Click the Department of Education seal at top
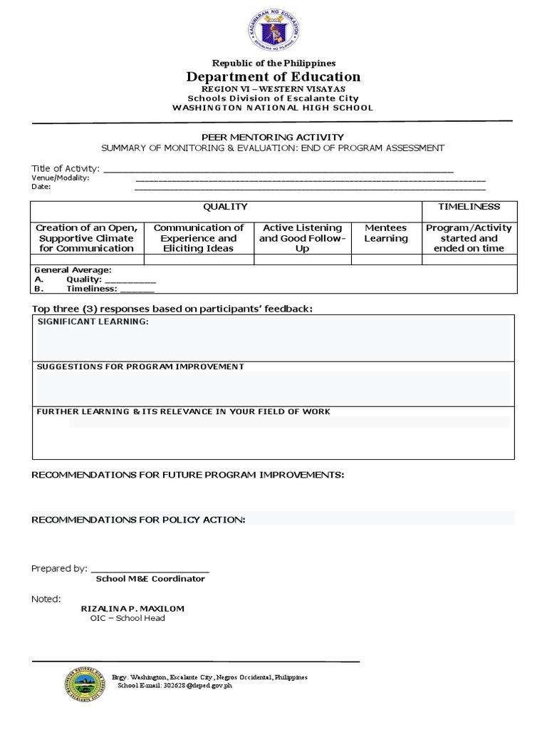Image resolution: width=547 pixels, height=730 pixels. click(x=273, y=30)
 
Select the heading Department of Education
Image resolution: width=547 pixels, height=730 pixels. click(x=273, y=77)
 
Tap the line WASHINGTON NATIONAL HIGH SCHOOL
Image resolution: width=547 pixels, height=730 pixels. click(x=273, y=108)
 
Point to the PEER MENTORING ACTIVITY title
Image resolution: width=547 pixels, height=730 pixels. click(x=273, y=137)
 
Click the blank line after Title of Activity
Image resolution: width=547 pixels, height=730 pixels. click(x=278, y=170)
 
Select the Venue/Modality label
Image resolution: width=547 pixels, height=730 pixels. click(x=61, y=178)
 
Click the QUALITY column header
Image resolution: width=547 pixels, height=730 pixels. click(x=225, y=207)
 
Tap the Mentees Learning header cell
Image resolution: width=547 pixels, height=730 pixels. click(x=386, y=233)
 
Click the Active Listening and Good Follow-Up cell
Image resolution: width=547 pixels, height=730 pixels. click(x=301, y=238)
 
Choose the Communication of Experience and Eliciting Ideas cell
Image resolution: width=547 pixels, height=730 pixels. click(x=199, y=238)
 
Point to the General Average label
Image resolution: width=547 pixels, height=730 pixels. click(x=73, y=271)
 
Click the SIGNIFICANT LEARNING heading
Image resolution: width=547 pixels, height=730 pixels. click(x=93, y=322)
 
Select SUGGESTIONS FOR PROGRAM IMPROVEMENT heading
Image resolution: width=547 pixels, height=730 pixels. click(x=140, y=366)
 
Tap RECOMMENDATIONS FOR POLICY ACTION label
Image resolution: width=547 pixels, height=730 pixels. click(x=138, y=520)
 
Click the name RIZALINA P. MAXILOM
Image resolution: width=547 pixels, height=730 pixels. click(x=133, y=608)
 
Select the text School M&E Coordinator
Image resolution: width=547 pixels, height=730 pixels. click(x=150, y=579)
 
